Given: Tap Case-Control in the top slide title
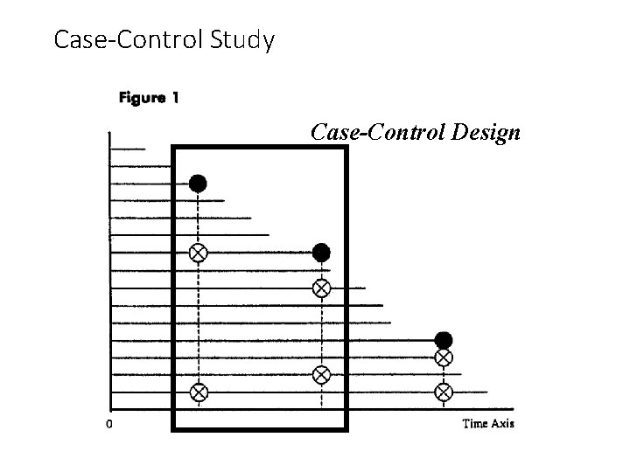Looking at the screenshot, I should (128, 39).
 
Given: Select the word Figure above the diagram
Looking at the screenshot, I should (141, 98).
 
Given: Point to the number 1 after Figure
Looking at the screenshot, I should (175, 98).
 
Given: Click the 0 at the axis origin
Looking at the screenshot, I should (108, 425).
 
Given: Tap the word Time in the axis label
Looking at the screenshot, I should (476, 424).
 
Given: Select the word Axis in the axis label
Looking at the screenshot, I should (503, 424).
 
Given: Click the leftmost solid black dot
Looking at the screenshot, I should (199, 183).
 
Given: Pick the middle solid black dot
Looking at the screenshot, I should (321, 253).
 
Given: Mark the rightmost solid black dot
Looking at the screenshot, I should (444, 340).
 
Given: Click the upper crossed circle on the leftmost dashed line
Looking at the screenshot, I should (199, 253).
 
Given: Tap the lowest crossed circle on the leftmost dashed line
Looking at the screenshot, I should (199, 392).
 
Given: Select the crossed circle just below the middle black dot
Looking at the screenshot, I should (321, 288).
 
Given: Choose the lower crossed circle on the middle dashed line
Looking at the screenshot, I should (321, 374).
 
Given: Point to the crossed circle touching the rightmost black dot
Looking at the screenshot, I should (444, 357).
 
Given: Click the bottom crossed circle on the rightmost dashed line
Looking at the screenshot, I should (444, 391).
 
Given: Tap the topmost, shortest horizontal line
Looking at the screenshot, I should (127, 149).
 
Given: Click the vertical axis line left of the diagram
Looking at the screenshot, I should (109, 262).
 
